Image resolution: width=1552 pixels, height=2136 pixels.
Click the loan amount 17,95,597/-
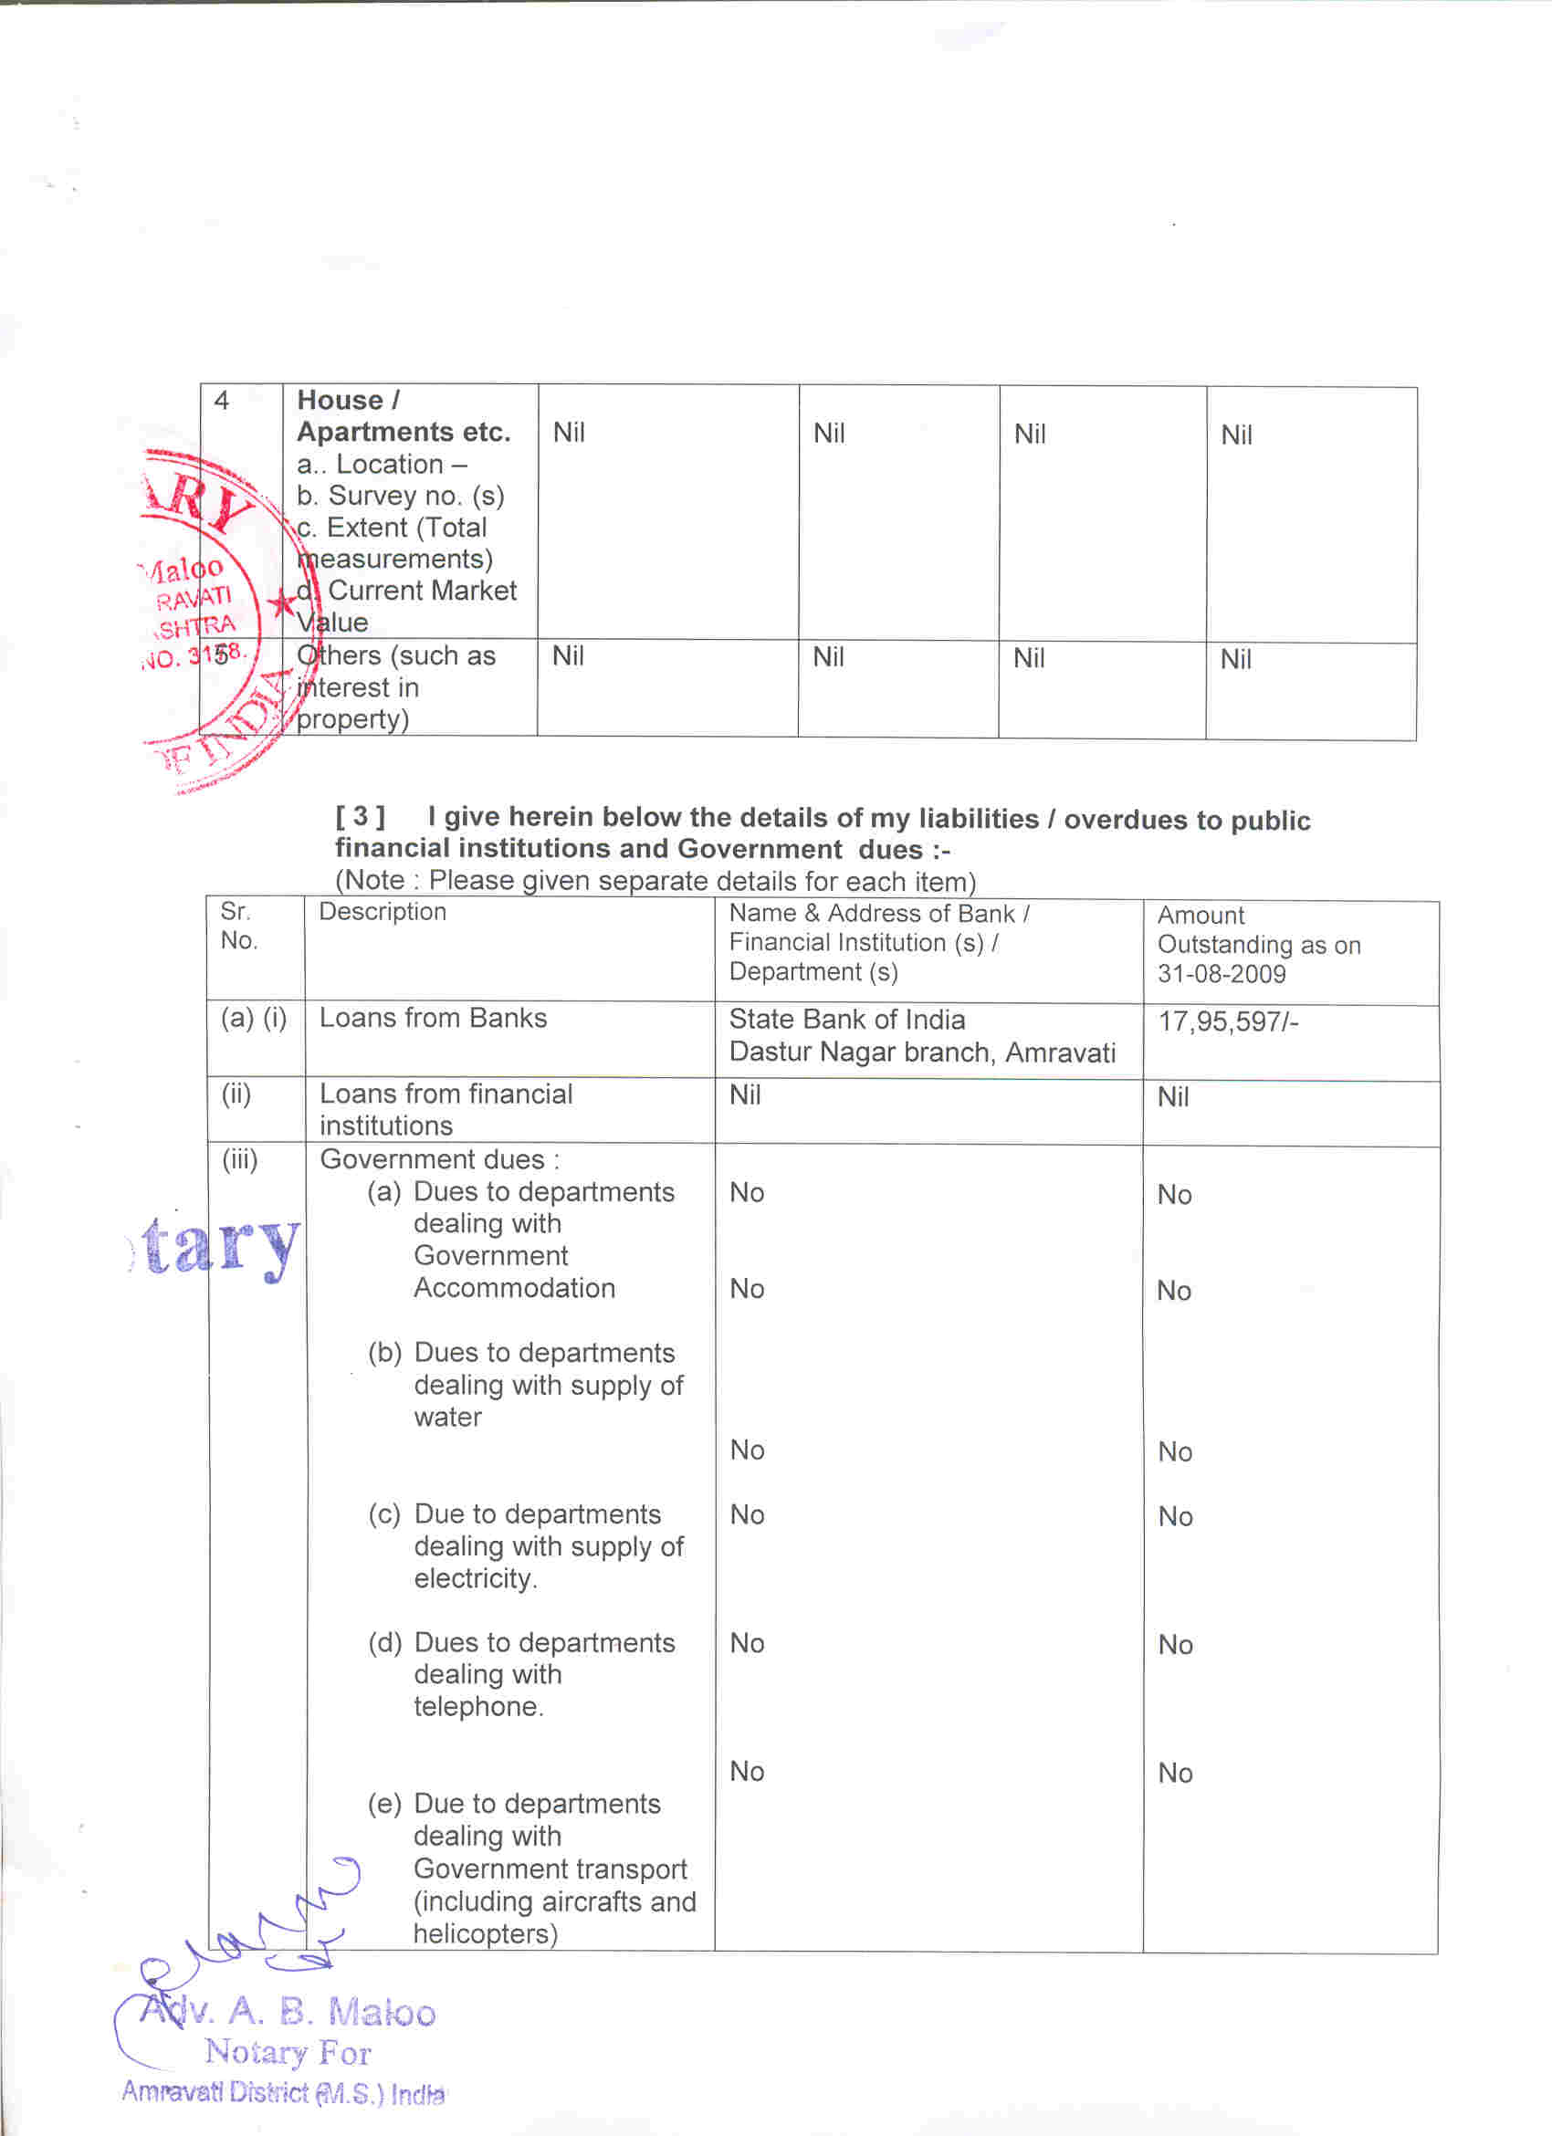(x=1227, y=1021)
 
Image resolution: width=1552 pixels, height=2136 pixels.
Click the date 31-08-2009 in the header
(x=1221, y=974)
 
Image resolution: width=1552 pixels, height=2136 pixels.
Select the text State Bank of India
(x=846, y=1019)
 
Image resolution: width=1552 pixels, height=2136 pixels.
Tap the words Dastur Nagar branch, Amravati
(x=922, y=1052)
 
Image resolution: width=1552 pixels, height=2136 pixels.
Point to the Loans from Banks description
(x=432, y=1018)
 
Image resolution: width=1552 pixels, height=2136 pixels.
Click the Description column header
(x=383, y=912)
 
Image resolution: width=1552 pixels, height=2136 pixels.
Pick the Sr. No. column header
(x=237, y=926)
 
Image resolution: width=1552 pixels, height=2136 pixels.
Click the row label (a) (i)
(x=253, y=1018)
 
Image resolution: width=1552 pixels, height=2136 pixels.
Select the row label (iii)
(x=239, y=1159)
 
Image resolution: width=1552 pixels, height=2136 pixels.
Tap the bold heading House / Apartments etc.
(x=404, y=415)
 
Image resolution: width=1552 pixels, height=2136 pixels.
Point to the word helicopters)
(x=485, y=1933)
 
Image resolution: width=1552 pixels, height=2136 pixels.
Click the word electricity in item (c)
(x=474, y=1578)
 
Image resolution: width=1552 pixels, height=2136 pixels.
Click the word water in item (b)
(x=447, y=1418)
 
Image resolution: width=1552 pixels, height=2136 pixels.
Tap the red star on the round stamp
(x=280, y=602)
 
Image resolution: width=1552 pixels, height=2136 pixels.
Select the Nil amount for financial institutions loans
(x=1172, y=1097)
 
